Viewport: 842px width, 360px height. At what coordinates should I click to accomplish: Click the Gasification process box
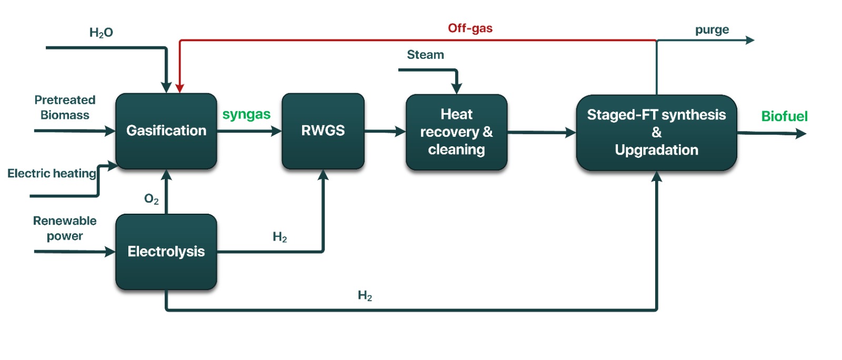point(166,131)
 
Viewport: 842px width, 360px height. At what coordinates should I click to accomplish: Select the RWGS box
point(323,131)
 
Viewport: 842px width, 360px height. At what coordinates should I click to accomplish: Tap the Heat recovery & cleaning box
point(456,132)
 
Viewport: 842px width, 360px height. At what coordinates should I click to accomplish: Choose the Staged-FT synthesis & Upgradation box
point(656,133)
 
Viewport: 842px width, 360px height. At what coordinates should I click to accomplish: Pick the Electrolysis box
point(166,252)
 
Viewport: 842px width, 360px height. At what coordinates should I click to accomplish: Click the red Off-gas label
point(470,28)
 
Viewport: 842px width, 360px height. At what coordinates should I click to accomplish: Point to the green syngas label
point(246,114)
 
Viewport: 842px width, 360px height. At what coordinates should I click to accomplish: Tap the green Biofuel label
point(784,116)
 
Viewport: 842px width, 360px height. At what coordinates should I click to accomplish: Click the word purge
point(712,30)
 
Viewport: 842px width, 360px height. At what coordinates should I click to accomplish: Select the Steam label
point(425,55)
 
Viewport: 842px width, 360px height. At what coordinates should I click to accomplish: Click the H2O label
point(101,33)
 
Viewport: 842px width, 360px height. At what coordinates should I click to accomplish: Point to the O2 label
point(151,199)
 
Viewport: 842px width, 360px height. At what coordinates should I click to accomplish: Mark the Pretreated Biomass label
point(65,107)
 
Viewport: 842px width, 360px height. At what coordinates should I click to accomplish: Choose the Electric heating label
point(52,174)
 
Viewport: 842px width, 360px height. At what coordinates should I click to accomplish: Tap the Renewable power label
point(65,228)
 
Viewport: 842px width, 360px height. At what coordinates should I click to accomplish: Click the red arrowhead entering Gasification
point(179,88)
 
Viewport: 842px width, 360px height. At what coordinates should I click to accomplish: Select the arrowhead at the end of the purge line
point(750,40)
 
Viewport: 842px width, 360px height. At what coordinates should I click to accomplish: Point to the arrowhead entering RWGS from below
point(323,175)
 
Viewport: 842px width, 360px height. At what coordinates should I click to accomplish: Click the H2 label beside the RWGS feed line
point(280,237)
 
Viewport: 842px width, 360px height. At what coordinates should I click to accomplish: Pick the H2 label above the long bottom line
point(365,296)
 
